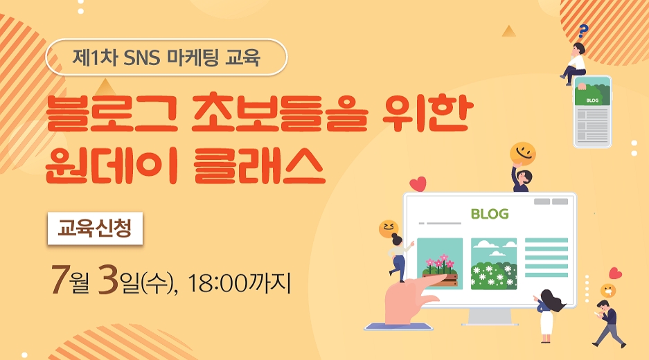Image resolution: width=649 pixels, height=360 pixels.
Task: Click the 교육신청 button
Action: (95, 228)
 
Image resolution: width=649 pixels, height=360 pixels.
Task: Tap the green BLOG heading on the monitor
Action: (490, 214)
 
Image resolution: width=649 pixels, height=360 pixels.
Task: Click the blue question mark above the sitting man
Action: (583, 30)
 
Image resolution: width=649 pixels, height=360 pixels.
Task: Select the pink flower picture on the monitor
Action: (440, 264)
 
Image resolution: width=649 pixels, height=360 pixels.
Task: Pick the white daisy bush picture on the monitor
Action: (494, 264)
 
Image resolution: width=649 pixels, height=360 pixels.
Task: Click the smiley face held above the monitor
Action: (523, 154)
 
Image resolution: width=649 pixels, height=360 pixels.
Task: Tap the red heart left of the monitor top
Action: (418, 183)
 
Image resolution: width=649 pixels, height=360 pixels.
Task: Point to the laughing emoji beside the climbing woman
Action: (389, 229)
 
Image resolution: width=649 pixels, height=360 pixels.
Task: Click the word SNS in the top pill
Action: (141, 57)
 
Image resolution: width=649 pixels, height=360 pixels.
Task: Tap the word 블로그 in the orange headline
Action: (112, 114)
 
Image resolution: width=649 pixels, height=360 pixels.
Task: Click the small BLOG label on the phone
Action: (592, 100)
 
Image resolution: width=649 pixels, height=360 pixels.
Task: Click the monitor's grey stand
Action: (489, 318)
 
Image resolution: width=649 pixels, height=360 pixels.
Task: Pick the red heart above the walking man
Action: (615, 273)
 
